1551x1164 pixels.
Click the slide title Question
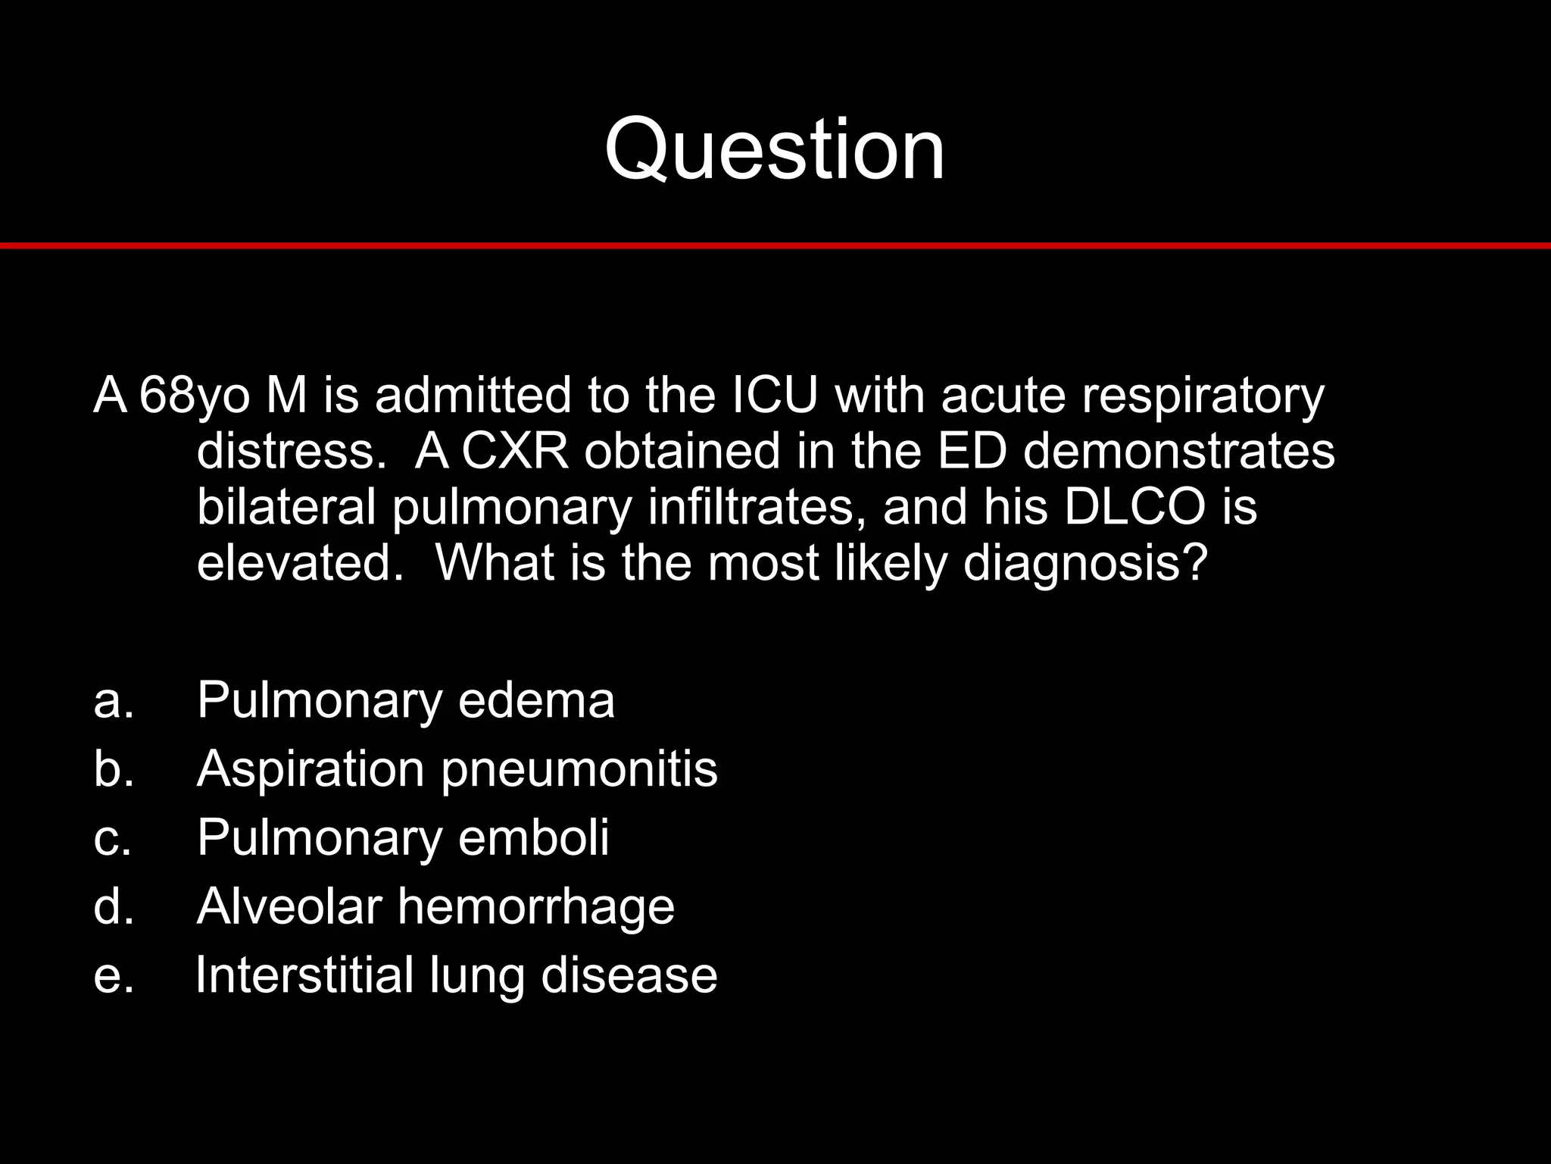click(x=774, y=149)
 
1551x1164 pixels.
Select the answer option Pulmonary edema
click(x=405, y=699)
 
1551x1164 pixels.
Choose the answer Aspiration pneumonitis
click(x=457, y=768)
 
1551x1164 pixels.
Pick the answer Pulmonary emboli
click(x=403, y=837)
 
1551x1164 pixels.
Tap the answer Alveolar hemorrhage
click(x=435, y=906)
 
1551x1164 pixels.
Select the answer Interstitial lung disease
click(x=457, y=975)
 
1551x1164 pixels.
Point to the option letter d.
click(x=113, y=906)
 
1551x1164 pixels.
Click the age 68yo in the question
click(x=195, y=396)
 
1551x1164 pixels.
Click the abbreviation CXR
click(x=514, y=451)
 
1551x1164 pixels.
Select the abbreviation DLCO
click(x=1134, y=506)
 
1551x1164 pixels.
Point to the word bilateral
click(x=286, y=506)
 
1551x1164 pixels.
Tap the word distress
click(x=297, y=451)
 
